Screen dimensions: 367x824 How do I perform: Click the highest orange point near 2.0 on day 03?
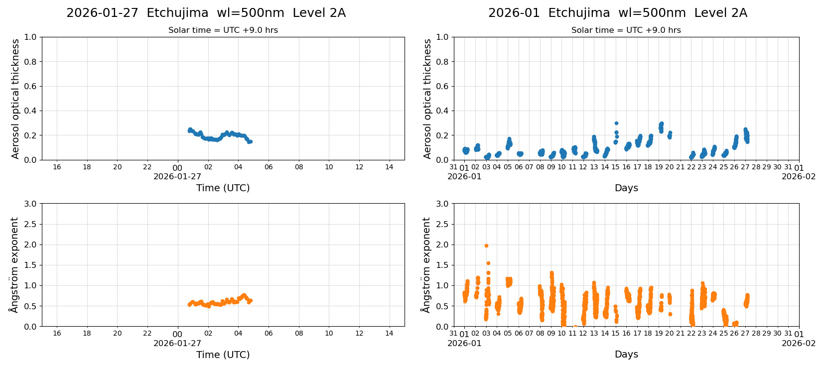486,245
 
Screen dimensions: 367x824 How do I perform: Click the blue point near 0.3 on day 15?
616,123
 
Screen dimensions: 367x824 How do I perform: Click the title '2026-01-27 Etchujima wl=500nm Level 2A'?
206,13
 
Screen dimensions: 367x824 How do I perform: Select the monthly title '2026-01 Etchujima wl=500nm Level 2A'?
617,13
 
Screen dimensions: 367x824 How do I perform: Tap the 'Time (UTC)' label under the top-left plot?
223,188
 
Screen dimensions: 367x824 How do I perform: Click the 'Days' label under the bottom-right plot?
626,355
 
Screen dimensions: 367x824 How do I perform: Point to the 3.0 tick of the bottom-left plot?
30,204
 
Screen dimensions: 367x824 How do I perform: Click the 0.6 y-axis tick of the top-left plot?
30,86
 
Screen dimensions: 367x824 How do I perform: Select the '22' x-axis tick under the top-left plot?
147,167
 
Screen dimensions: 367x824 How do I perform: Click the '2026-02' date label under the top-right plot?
798,176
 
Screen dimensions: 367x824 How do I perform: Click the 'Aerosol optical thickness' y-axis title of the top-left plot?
15,99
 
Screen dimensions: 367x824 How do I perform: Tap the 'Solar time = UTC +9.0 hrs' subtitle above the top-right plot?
626,30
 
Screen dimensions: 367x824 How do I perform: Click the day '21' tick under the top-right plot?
680,167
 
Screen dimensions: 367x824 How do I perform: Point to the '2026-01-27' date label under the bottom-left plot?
177,343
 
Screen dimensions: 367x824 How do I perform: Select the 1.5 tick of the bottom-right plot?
442,265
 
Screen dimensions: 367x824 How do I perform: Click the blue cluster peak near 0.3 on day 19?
662,123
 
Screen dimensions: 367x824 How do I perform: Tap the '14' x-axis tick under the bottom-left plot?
389,334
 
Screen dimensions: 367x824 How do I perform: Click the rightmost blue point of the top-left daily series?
251,141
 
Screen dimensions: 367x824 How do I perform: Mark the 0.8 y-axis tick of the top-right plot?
442,62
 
